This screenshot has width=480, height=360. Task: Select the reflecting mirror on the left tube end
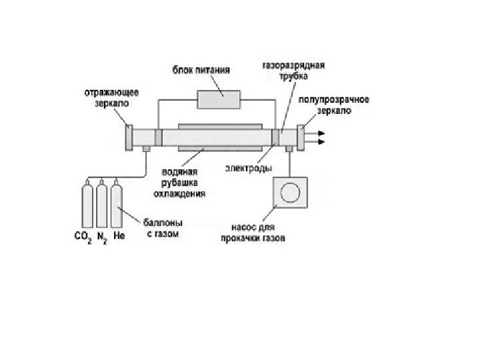[x=128, y=138]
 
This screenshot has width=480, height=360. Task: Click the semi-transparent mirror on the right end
[x=301, y=137]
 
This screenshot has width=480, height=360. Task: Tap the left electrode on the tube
[x=158, y=137]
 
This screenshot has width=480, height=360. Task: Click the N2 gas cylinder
[x=101, y=206]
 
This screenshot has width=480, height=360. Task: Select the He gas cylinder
[x=117, y=206]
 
